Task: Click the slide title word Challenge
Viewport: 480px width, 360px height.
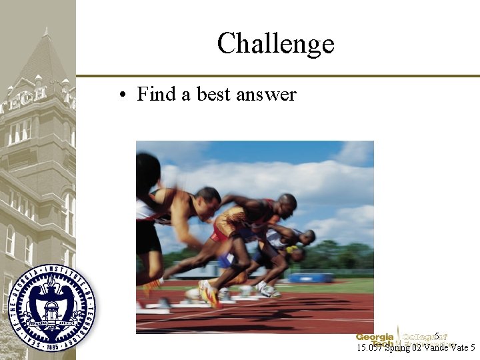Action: (275, 44)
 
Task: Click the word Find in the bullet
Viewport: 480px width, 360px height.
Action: (156, 95)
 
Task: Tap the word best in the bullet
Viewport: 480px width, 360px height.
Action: (213, 95)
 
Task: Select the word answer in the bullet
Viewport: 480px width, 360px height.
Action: (266, 95)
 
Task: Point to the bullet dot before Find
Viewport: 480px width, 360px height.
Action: (124, 95)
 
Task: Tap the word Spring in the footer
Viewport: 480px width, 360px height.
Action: (399, 347)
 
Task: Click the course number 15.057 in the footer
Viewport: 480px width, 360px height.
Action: (370, 347)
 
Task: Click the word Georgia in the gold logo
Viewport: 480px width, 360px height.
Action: (374, 337)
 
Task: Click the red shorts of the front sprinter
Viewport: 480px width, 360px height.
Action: (219, 233)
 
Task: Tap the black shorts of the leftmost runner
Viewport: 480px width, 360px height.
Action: (147, 237)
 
